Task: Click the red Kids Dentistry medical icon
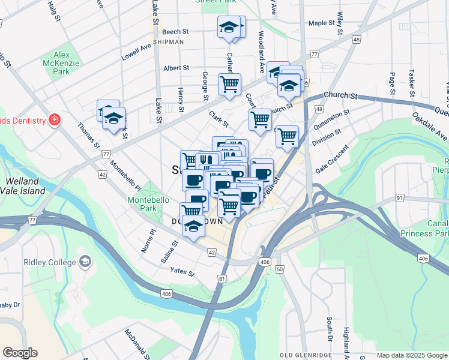(55, 120)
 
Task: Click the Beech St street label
(175, 32)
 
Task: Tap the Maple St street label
(321, 23)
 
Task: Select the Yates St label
(182, 273)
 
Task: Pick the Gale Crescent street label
(332, 158)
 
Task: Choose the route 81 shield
(222, 278)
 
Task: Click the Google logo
(20, 353)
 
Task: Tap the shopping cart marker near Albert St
(229, 85)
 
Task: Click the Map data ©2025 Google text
(411, 355)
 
